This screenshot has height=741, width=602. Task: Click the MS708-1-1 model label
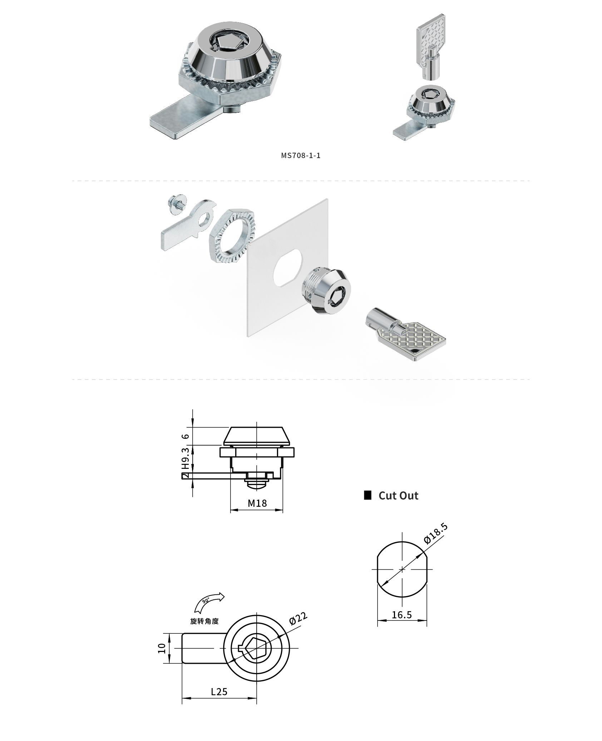(x=301, y=156)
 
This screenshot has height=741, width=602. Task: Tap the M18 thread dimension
(x=257, y=504)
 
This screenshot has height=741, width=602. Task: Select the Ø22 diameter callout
(x=298, y=619)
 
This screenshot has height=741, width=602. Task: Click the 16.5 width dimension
(x=402, y=615)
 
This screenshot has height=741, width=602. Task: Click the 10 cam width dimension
(x=162, y=648)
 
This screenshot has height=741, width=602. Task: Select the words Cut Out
(x=398, y=496)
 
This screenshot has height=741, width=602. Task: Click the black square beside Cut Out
(x=367, y=495)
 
